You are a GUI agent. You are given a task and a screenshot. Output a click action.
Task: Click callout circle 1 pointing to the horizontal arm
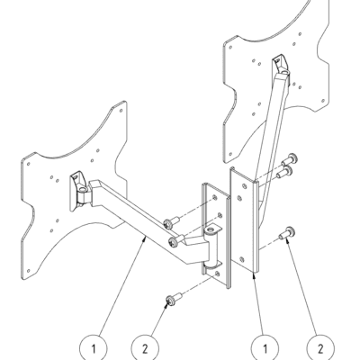click(94, 348)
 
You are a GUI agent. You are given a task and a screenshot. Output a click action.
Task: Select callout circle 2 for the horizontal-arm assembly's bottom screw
click(145, 348)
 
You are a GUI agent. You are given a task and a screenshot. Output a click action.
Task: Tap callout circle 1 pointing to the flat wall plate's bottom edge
click(265, 348)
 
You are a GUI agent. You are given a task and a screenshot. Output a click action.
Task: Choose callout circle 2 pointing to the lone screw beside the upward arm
click(320, 348)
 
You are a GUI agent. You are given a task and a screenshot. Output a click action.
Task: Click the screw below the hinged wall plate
click(174, 300)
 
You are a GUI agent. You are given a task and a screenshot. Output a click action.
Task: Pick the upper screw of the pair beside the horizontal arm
click(171, 221)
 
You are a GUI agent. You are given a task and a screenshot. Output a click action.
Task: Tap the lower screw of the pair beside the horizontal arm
click(176, 241)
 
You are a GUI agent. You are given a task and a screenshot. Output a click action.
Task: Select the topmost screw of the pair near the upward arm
click(289, 159)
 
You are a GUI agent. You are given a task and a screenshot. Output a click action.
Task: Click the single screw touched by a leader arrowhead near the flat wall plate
click(287, 233)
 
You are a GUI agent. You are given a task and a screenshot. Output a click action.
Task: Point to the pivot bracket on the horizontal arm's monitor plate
click(79, 191)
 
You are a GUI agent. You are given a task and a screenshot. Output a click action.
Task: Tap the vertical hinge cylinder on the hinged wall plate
click(211, 247)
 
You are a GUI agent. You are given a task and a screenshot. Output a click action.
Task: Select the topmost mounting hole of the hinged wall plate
click(214, 197)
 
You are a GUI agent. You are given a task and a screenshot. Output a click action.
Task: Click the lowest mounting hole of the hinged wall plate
click(217, 274)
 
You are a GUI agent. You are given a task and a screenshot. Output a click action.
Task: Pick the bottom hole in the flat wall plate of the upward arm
click(242, 259)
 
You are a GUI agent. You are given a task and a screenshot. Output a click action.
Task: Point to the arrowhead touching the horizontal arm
click(145, 238)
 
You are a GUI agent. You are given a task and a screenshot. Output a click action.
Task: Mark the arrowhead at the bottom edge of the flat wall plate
click(255, 275)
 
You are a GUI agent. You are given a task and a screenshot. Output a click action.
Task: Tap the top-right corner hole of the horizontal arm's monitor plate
click(121, 111)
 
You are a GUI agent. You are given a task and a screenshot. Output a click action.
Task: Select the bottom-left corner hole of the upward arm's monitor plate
click(230, 154)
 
